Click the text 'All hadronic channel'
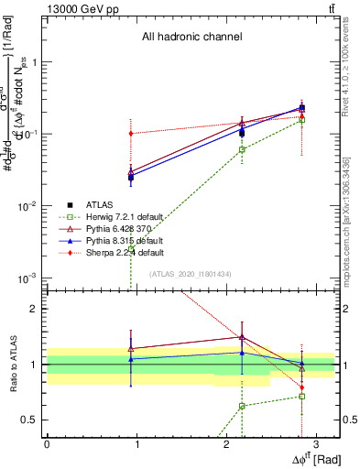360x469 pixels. (191, 38)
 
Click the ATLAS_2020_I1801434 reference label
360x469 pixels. (191, 274)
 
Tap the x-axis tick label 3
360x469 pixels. (315, 442)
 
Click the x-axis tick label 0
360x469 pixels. (47, 442)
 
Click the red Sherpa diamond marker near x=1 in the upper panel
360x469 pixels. (131, 134)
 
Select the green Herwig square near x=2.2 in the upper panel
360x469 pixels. (242, 149)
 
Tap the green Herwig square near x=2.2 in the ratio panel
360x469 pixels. (242, 406)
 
